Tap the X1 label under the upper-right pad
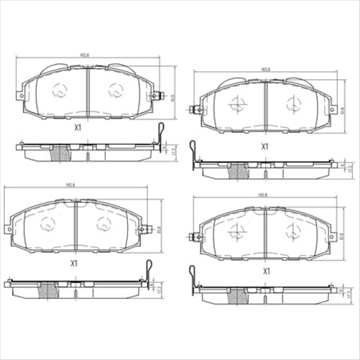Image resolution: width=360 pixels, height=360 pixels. point(265,146)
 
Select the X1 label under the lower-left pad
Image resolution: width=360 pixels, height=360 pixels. point(73,263)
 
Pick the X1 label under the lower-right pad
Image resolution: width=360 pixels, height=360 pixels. point(266,271)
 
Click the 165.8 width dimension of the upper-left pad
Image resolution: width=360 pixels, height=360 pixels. point(86,55)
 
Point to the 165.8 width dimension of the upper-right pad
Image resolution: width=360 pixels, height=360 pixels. point(266,69)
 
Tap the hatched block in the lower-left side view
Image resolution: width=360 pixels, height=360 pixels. point(50,290)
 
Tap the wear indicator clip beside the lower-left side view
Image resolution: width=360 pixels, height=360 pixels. point(148,268)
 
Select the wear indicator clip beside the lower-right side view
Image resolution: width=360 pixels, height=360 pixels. point(192,276)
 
